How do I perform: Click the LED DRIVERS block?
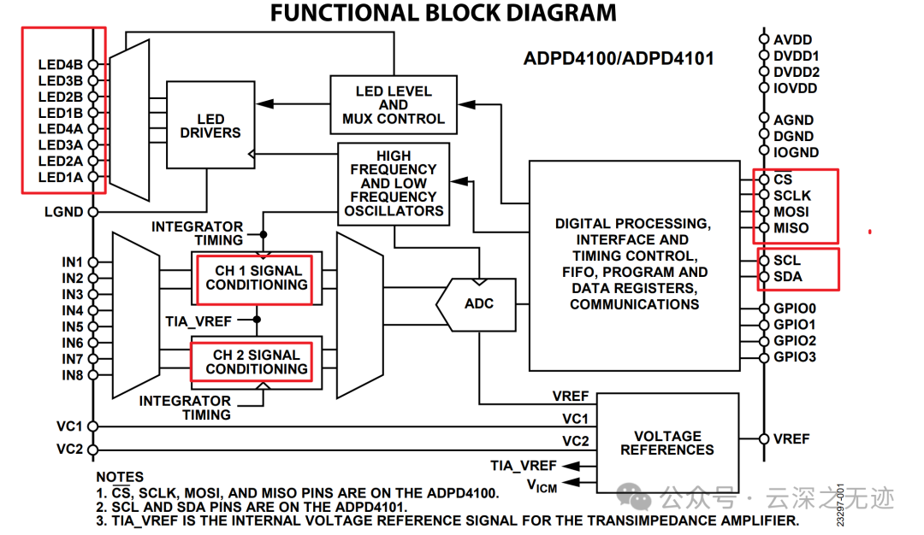coord(210,126)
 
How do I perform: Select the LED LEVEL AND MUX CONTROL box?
coord(394,105)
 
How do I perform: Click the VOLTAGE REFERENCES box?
coord(667,442)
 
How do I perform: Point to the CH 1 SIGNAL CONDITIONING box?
coord(256,278)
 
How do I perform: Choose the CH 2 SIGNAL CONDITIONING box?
coord(256,362)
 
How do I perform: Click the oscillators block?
coord(393,183)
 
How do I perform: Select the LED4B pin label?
coord(61,64)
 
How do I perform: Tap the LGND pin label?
coord(65,211)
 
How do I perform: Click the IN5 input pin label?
coord(72,326)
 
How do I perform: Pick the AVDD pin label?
coord(792,39)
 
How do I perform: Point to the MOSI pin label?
coord(791,211)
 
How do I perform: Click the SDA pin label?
coord(787,276)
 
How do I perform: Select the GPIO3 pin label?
coord(795,356)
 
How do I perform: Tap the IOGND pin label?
coord(796,152)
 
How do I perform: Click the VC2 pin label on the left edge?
coord(69,449)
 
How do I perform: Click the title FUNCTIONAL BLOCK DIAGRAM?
coord(443,13)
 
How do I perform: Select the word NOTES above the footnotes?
coord(120,477)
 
